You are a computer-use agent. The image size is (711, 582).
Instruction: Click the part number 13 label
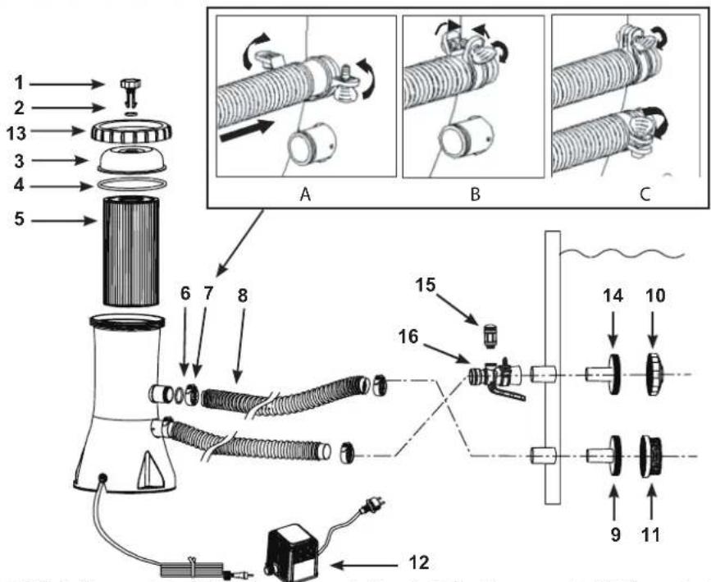[16, 134]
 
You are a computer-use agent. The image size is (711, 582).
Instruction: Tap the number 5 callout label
[20, 219]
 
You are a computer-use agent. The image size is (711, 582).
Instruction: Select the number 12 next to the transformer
[418, 562]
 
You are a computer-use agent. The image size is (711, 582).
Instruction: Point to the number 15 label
[426, 285]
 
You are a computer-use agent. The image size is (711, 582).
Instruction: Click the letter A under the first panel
[305, 195]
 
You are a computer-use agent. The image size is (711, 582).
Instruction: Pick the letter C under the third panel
[645, 195]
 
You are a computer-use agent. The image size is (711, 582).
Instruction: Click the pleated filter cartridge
[130, 250]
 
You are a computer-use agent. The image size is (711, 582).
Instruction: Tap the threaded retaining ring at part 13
[131, 131]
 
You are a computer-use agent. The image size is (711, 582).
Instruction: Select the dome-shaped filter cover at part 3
[131, 159]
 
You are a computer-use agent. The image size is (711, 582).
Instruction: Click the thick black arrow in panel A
[247, 130]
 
